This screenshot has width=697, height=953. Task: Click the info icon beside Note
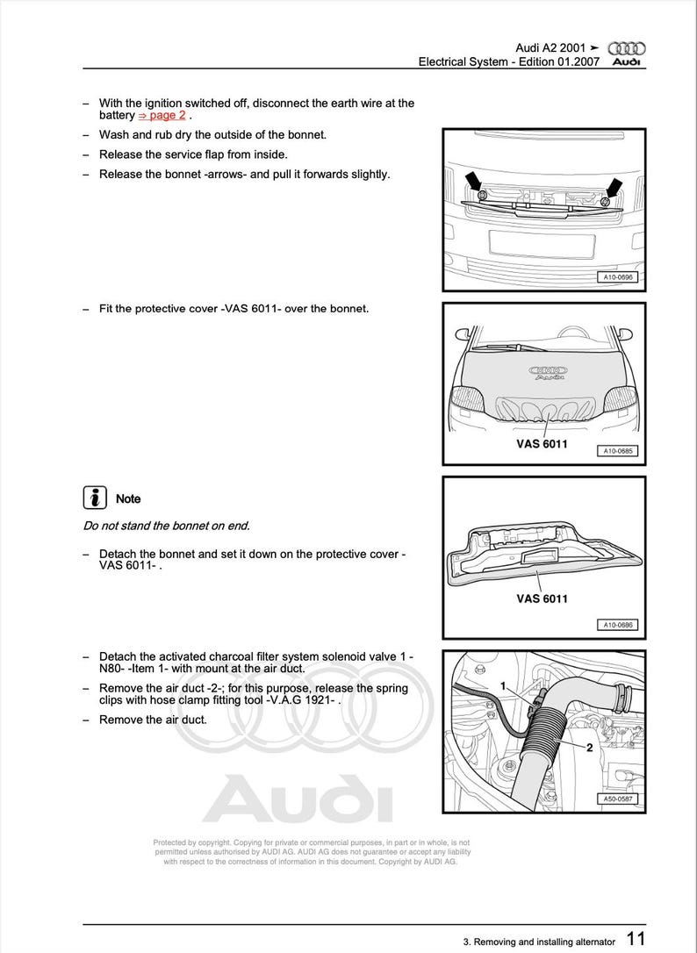tap(95, 498)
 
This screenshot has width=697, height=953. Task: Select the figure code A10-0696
tap(618, 277)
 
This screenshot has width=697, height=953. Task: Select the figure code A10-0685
tap(618, 451)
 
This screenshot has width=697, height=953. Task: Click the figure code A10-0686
tap(618, 625)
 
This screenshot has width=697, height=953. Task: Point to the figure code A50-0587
tap(618, 799)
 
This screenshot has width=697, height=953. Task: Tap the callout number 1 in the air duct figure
tap(502, 684)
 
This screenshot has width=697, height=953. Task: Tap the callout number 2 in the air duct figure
tap(589, 748)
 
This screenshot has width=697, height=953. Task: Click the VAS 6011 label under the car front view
tap(542, 444)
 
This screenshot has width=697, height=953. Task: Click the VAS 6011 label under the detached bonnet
tap(542, 598)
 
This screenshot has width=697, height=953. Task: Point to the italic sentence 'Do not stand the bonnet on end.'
tap(166, 527)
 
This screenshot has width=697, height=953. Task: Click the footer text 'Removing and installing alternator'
tap(541, 942)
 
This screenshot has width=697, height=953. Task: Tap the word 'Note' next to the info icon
tap(128, 498)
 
